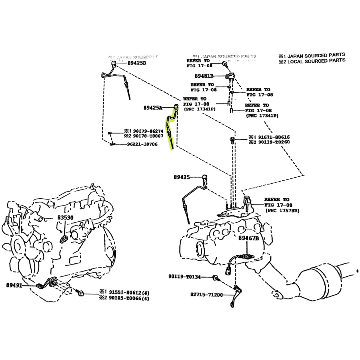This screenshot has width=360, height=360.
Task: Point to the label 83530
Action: point(65,217)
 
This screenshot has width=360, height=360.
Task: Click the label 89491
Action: point(14,285)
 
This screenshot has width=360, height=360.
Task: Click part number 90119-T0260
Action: point(273,142)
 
